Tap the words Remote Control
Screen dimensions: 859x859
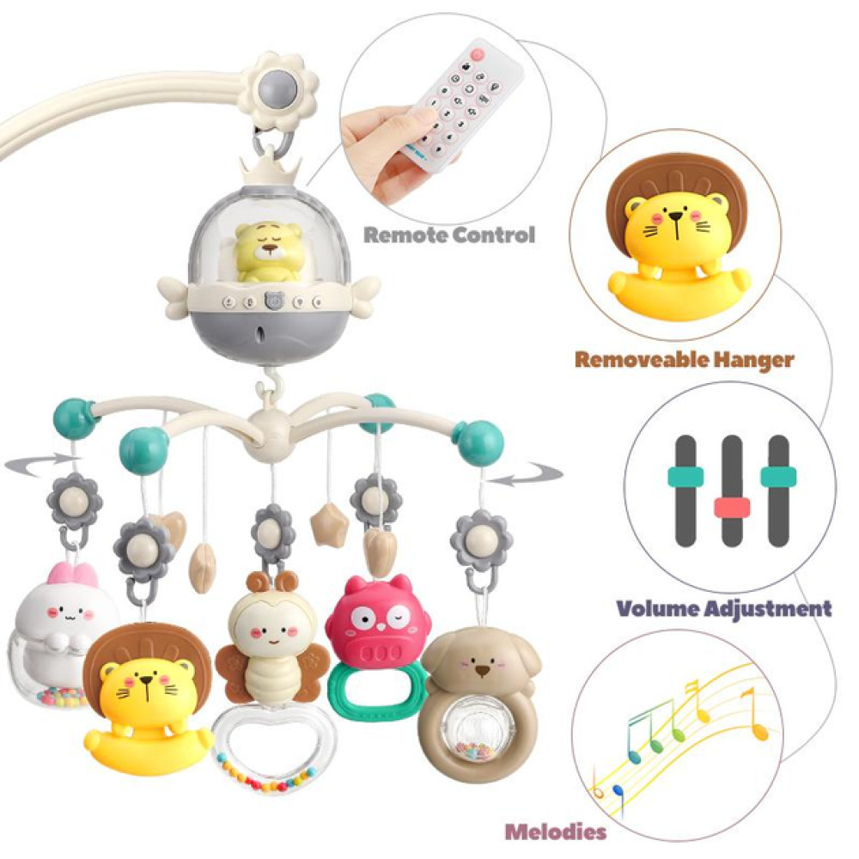click(448, 235)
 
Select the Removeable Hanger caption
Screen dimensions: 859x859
click(684, 359)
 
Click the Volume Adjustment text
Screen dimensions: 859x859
click(724, 609)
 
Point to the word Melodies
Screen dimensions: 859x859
click(555, 831)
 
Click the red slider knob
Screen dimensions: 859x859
click(732, 507)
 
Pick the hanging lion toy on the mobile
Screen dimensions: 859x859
click(147, 696)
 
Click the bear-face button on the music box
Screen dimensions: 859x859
click(274, 302)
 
